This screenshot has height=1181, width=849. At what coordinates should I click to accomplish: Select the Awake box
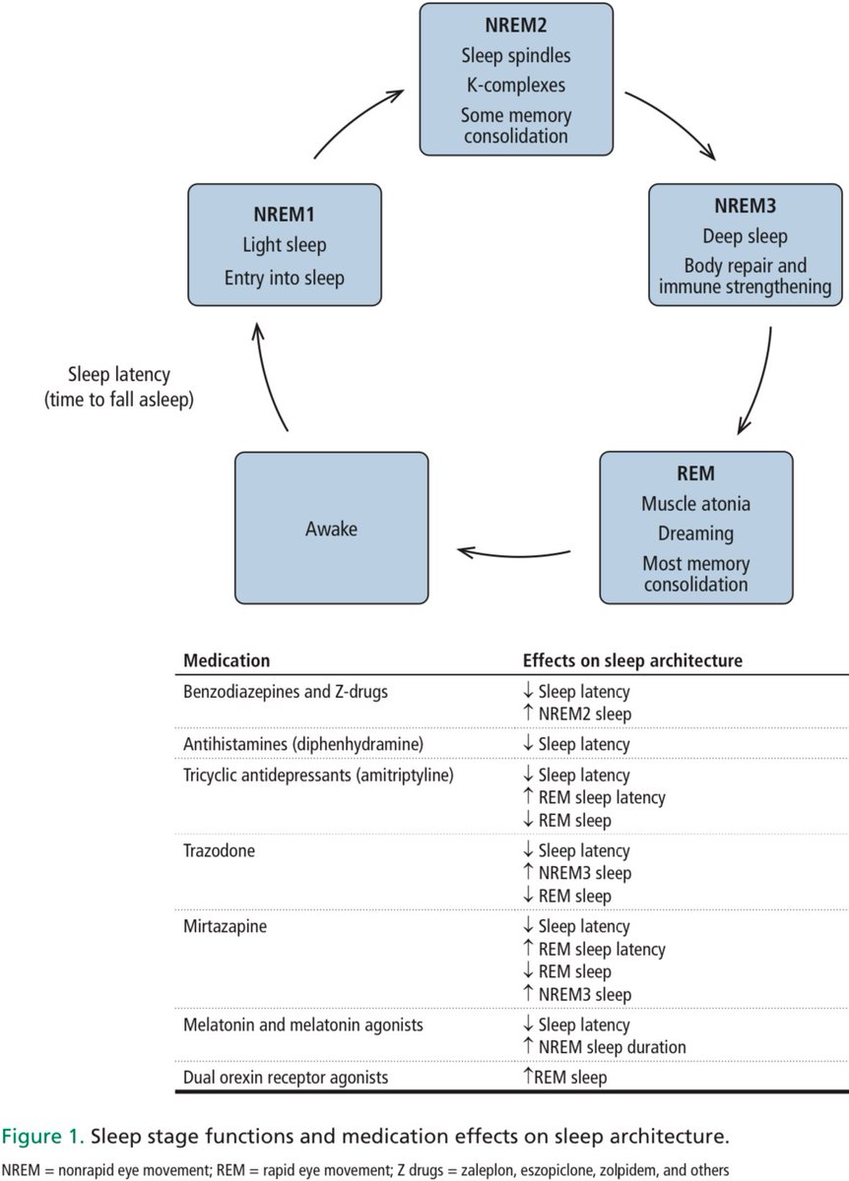coord(331,528)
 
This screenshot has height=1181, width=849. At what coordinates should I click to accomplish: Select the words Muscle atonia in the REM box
coord(695,504)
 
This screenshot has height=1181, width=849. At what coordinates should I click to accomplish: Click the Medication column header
coord(227,659)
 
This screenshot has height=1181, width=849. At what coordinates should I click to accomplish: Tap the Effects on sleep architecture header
coord(631,659)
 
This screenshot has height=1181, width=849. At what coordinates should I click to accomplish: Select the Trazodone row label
coord(219,850)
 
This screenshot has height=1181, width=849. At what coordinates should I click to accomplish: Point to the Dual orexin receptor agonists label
coord(286,1077)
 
